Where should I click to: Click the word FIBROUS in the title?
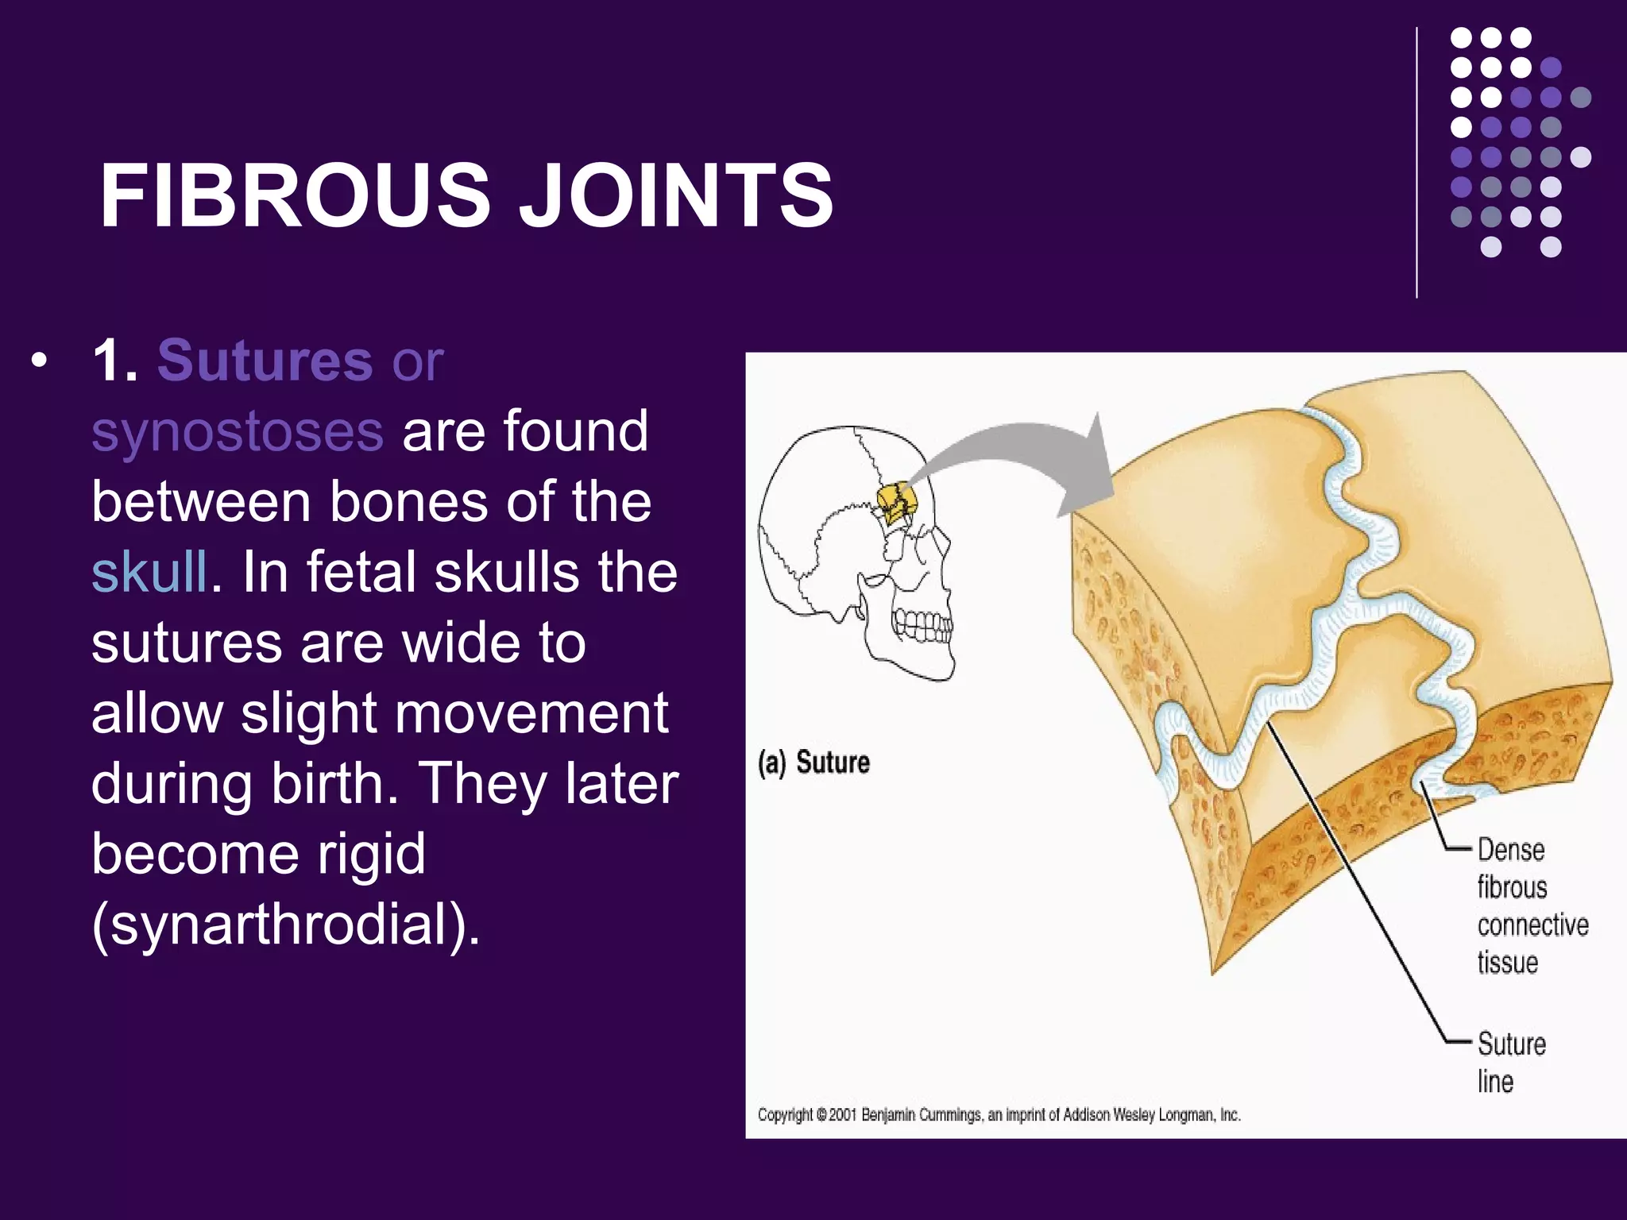coord(295,195)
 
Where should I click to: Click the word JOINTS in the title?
coord(676,195)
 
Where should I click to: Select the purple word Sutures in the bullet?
coord(265,361)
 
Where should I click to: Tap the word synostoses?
coord(238,431)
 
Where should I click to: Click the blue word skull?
coord(149,572)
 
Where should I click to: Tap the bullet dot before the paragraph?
coord(37,362)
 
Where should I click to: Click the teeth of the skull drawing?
coord(922,624)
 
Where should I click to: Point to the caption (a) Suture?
coord(813,762)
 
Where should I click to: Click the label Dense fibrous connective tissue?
coord(1531,906)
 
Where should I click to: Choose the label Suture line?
coord(1510,1062)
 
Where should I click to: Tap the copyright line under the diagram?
coord(999,1115)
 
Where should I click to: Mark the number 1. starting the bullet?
coord(115,361)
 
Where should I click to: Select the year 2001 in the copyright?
coord(842,1115)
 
